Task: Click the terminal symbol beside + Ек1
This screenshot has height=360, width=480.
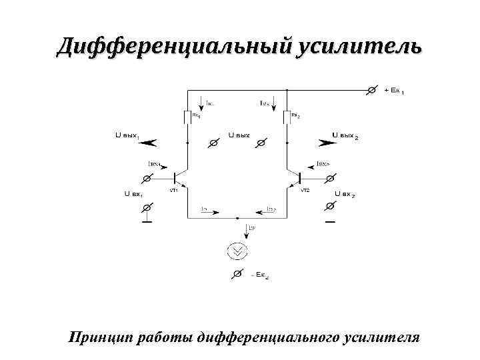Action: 373,89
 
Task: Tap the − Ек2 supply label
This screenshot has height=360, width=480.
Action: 259,275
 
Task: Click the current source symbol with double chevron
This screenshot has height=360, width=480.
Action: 237,251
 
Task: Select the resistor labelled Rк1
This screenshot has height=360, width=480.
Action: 187,117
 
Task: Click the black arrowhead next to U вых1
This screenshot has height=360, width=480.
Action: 149,141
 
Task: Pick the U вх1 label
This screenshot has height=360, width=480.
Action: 134,194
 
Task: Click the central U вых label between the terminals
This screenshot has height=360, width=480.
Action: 239,135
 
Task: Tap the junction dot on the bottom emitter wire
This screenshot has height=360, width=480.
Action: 237,217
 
